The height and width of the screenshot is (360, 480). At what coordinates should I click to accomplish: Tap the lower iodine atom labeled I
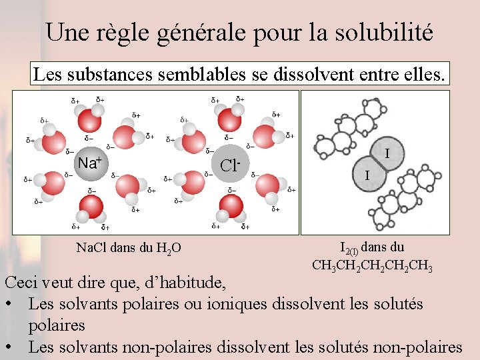click(x=366, y=175)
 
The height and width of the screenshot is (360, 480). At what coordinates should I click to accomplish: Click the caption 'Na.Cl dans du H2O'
click(x=128, y=249)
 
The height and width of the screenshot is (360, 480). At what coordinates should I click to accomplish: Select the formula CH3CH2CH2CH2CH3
click(x=373, y=266)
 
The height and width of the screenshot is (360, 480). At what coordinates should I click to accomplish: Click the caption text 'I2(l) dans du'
click(x=372, y=248)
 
